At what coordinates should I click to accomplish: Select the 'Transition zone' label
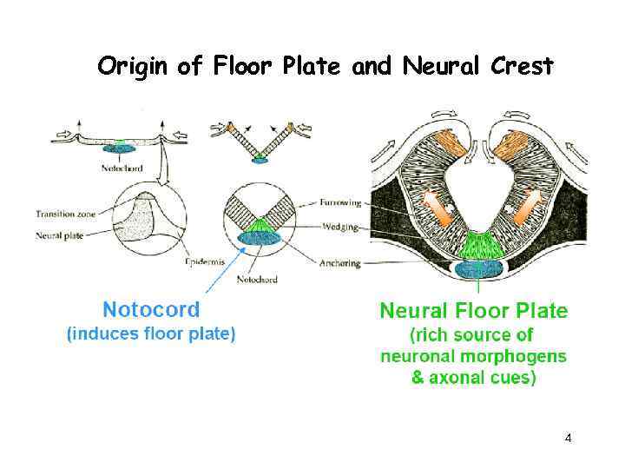(66, 213)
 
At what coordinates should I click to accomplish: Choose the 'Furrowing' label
(339, 201)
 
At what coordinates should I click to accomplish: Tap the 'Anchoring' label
(339, 263)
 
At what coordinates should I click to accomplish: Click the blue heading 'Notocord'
(151, 309)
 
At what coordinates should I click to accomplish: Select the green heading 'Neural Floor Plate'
(473, 310)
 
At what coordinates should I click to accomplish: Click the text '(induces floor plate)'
(151, 334)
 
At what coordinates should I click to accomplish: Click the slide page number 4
(568, 438)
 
